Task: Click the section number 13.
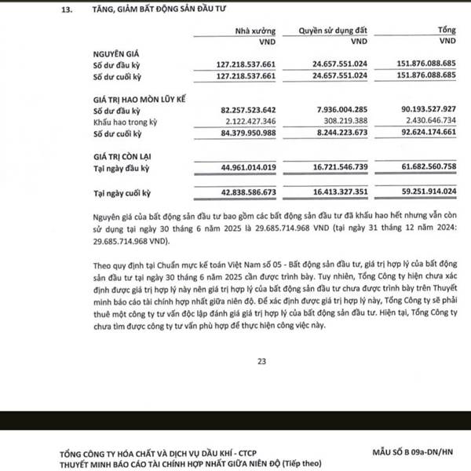point(65,10)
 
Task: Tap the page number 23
point(261,361)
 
